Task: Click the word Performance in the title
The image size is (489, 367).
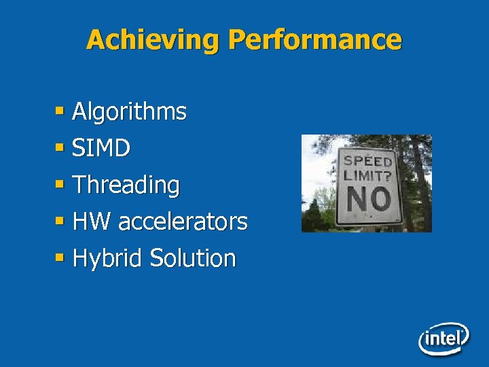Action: [x=315, y=40]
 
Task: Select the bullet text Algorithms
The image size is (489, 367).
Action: [x=129, y=111]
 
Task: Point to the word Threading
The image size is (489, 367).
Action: [x=126, y=185]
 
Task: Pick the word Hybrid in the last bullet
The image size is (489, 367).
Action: [x=107, y=258]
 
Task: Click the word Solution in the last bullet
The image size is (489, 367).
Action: [x=193, y=258]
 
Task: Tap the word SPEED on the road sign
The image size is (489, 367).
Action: [x=367, y=160]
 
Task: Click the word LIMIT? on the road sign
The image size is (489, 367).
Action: [x=367, y=175]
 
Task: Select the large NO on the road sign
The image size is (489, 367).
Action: [x=368, y=200]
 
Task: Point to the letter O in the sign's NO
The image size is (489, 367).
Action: [x=380, y=200]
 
